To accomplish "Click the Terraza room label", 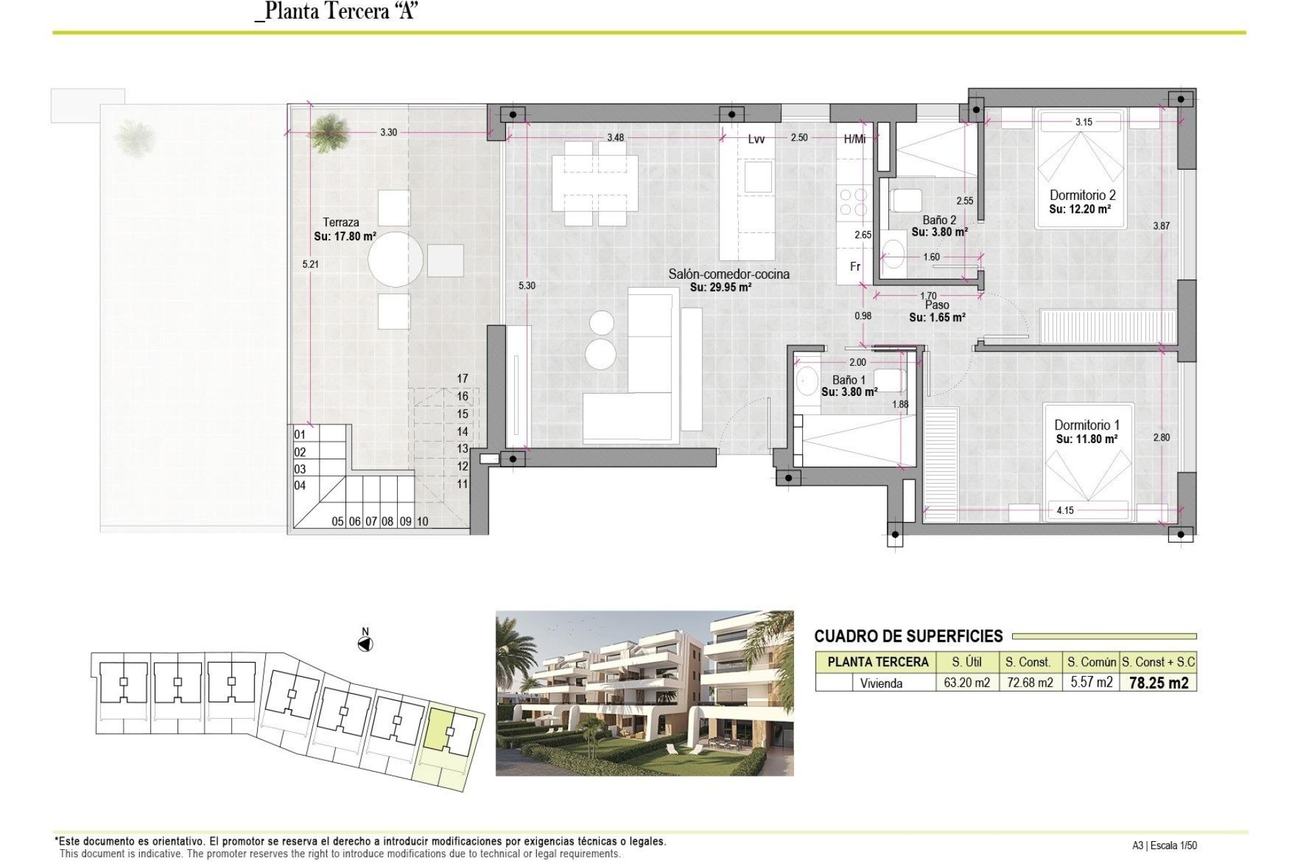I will [x=340, y=222].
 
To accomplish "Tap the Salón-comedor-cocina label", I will [x=729, y=274].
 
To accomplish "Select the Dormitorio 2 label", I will [x=1083, y=195].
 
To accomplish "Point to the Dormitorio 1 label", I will [x=1087, y=425].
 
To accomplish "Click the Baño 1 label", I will [x=849, y=380].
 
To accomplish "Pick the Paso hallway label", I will [x=937, y=305].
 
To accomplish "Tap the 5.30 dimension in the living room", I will [x=527, y=286].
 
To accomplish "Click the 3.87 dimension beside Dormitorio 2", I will [x=1161, y=226].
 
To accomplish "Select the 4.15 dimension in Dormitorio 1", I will [x=1065, y=510].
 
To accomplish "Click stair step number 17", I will [x=462, y=378].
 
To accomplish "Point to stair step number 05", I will [x=338, y=521].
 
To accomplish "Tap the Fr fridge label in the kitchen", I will [x=855, y=267].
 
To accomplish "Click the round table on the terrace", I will [x=396, y=259].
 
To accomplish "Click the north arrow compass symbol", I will [x=365, y=644].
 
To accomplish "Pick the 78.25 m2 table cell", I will [x=1158, y=683].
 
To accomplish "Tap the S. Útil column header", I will [x=966, y=662].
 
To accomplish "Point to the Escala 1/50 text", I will [x=1175, y=845].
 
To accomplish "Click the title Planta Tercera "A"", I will [x=337, y=11].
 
